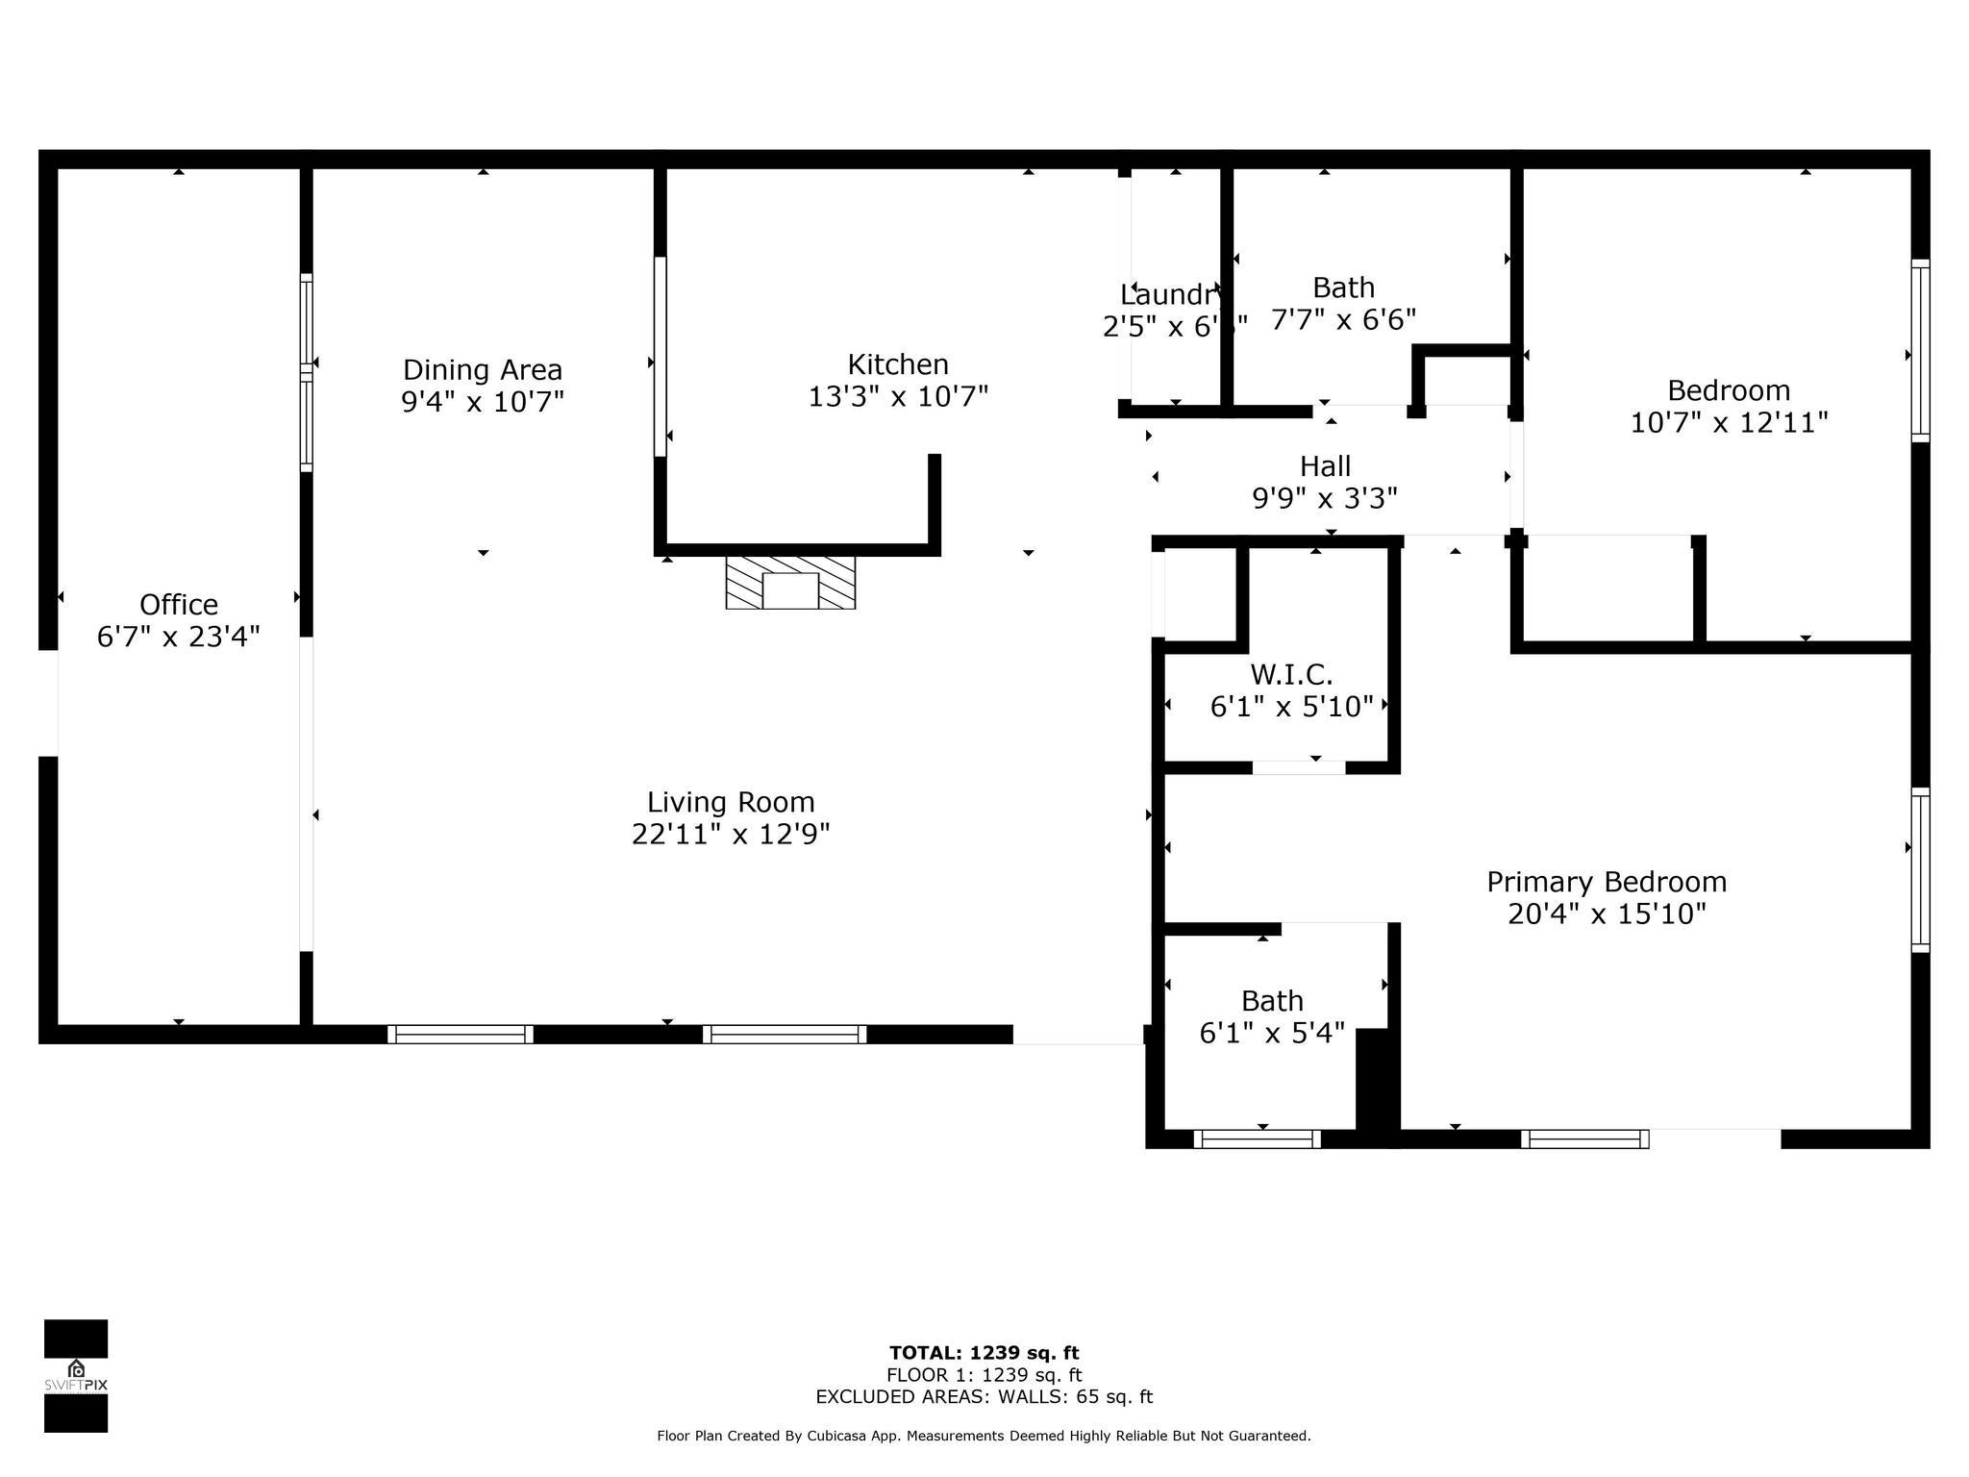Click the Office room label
tap(179, 604)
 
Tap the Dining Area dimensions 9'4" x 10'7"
tap(482, 401)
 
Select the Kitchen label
tap(898, 364)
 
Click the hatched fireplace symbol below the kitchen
tap(790, 582)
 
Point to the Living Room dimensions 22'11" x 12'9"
tap(731, 834)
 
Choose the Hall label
tap(1325, 466)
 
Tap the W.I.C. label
tap(1291, 673)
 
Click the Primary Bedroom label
tap(1607, 882)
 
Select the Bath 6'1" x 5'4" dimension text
tap(1272, 1033)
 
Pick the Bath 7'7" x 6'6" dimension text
tap(1343, 319)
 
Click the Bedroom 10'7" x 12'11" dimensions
tap(1729, 422)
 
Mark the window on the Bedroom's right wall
tap(1920, 351)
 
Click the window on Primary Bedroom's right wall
tap(1920, 870)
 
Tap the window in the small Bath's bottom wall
tap(1257, 1139)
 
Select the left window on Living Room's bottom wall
tap(461, 1035)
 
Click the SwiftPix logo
tap(76, 1375)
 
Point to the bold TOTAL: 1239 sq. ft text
tap(984, 1353)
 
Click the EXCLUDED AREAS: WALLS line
tap(984, 1397)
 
